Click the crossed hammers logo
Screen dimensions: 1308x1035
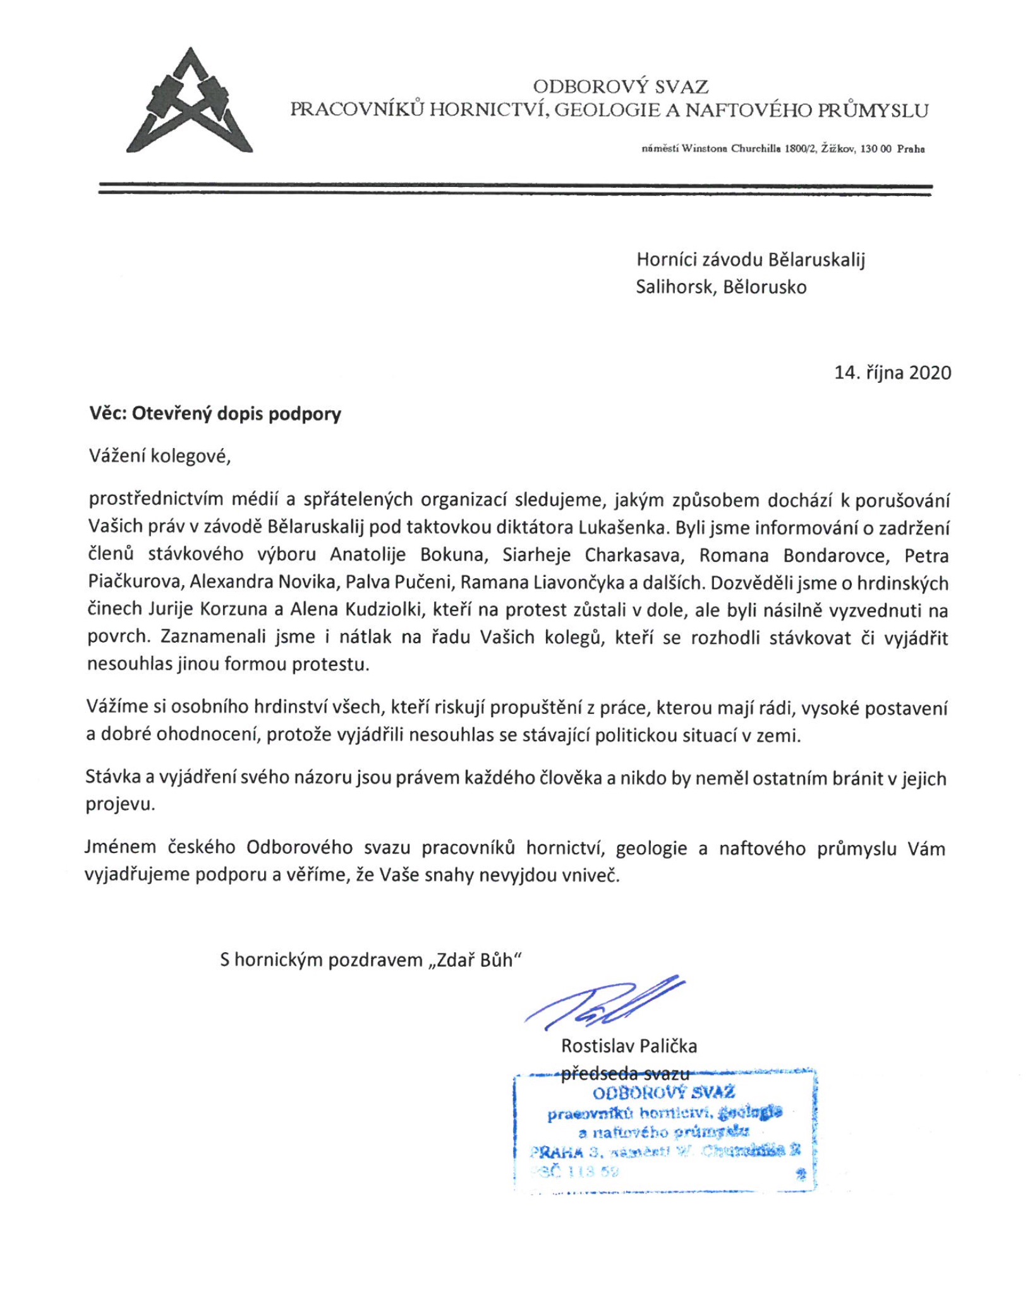tap(190, 101)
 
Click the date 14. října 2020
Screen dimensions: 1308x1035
tap(892, 372)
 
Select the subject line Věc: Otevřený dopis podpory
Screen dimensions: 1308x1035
tap(215, 414)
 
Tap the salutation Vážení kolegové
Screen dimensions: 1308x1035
tap(160, 456)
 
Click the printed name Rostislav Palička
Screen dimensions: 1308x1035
tap(629, 1046)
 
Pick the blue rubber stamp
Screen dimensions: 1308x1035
tap(665, 1131)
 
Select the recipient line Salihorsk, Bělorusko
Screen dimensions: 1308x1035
tap(721, 288)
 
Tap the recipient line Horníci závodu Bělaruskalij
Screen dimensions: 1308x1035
tap(750, 260)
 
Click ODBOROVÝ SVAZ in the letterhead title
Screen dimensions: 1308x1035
tap(620, 86)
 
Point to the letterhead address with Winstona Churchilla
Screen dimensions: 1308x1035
tap(783, 149)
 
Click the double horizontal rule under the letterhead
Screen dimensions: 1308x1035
tap(515, 190)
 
